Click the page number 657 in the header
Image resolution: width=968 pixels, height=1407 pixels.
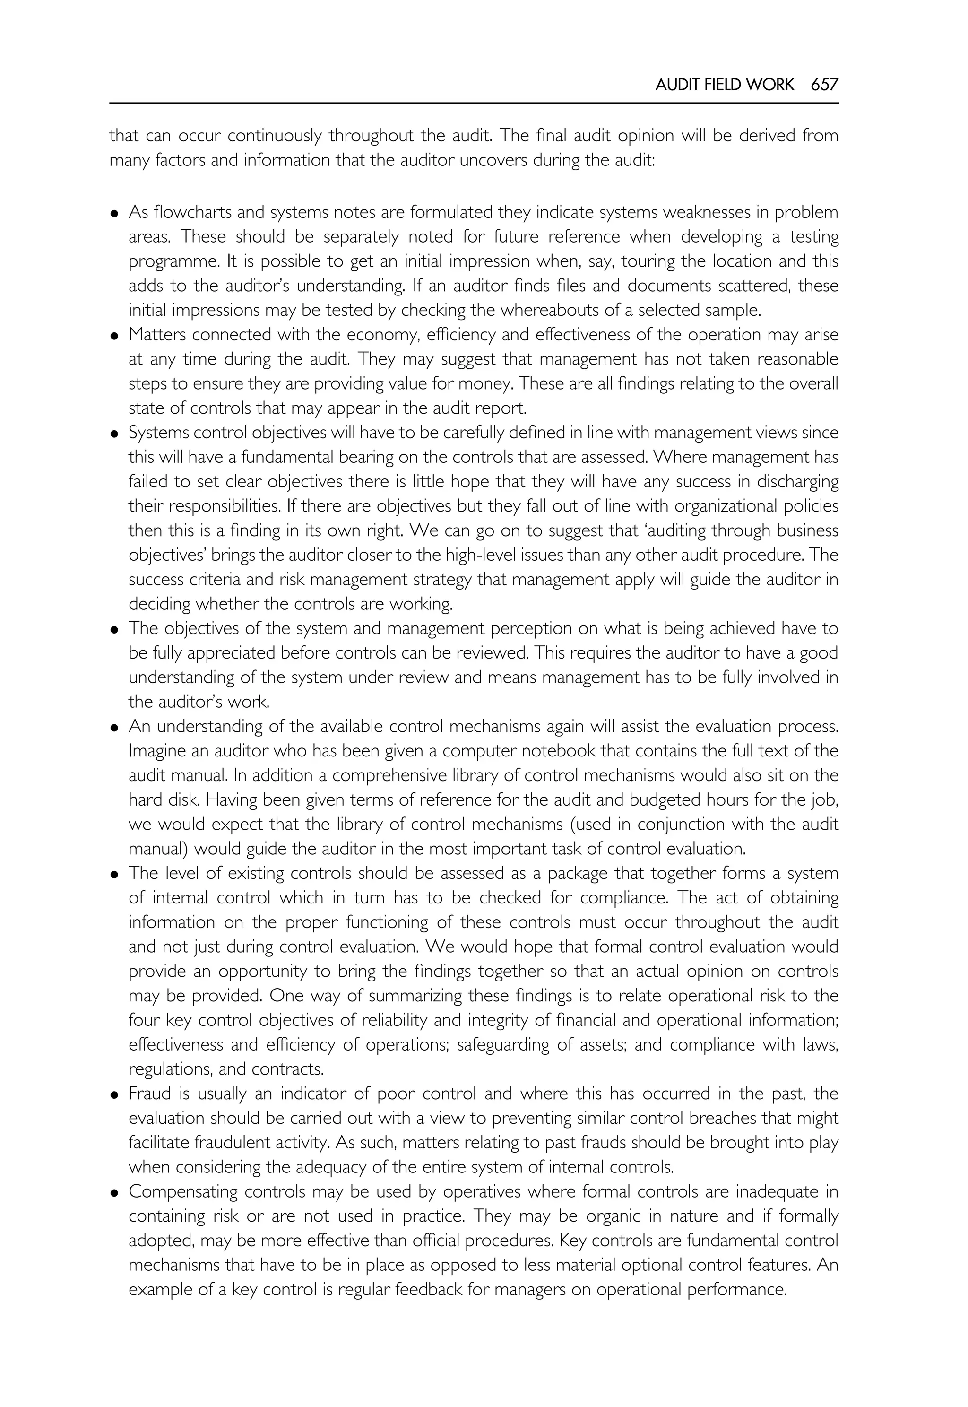[824, 85]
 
